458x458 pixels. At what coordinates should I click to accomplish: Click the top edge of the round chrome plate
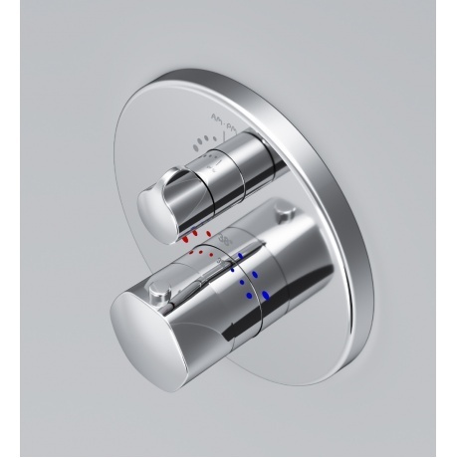tap(239, 72)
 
